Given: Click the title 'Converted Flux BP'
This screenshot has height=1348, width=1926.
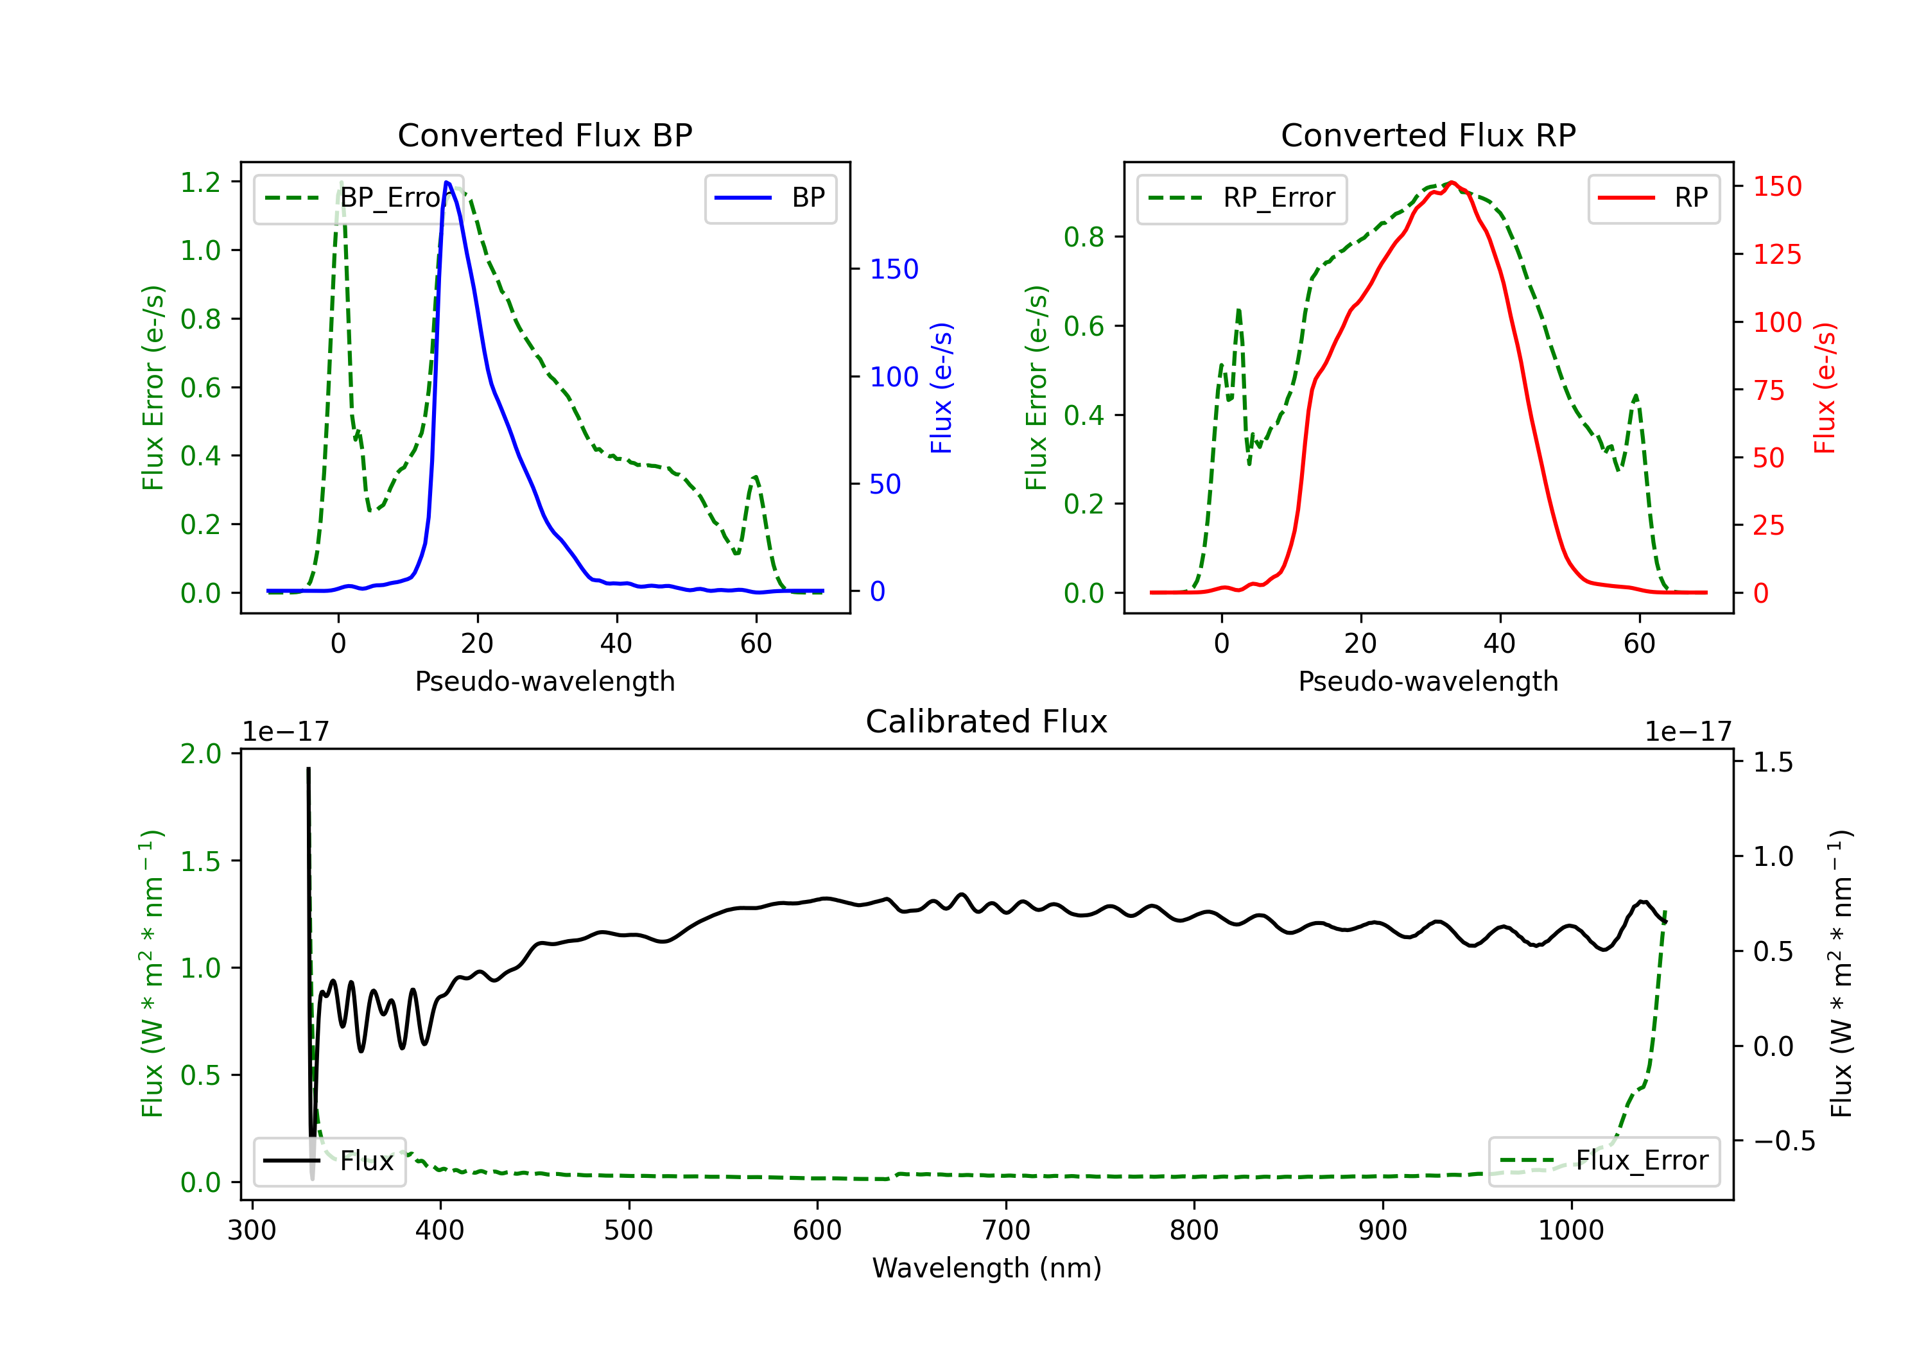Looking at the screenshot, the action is click(544, 135).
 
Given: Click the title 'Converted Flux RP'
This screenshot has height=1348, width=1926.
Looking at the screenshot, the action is click(1428, 135).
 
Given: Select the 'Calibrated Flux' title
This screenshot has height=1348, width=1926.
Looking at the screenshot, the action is click(987, 722).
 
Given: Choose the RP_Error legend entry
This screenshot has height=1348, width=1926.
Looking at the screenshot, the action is click(1242, 198).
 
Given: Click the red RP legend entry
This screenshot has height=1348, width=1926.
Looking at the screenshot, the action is click(1653, 198).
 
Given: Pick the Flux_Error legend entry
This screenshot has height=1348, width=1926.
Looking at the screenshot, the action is click(1604, 1161).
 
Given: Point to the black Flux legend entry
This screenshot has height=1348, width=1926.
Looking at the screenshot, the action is click(329, 1161).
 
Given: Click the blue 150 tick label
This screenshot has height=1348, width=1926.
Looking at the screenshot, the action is click(894, 269).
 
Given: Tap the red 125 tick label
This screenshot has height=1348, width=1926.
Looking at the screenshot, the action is click(1776, 254).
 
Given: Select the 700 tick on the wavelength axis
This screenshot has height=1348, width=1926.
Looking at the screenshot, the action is click(1006, 1230).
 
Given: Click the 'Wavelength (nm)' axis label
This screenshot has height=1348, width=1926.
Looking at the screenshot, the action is click(987, 1268).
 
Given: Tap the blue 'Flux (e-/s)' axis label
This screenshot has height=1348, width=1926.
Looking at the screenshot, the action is click(941, 388).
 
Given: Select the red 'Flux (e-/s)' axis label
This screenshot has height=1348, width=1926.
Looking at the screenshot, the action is click(1825, 388).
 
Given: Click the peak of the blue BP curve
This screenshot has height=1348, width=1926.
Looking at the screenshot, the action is click(447, 182).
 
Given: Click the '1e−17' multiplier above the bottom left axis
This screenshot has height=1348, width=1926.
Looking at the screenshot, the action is click(286, 732).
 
